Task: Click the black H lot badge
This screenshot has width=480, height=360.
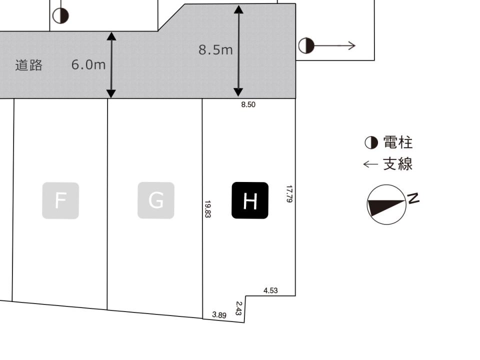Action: pos(250,200)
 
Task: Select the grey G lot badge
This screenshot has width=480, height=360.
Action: pos(156,200)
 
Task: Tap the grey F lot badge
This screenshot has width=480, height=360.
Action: pos(60,200)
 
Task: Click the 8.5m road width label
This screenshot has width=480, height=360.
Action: pos(215,50)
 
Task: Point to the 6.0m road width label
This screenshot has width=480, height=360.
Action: pos(88,64)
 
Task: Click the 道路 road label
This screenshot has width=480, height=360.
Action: pos(28,65)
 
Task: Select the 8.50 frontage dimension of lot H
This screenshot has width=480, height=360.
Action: pos(248,105)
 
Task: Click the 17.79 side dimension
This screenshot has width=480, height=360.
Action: pos(289,194)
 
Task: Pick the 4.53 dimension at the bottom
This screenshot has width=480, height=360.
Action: pos(270,290)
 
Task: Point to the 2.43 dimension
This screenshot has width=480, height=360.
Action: pos(238,308)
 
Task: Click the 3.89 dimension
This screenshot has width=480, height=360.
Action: pos(219,314)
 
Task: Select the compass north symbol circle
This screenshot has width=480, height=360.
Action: pos(386,204)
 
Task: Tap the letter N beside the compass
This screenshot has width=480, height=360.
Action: pos(413,198)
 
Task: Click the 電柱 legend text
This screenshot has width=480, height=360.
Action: pos(398,142)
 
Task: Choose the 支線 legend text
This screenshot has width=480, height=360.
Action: pos(398,164)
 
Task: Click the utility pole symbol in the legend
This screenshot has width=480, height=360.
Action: pos(371,143)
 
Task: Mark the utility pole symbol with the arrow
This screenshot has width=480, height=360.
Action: pos(306,46)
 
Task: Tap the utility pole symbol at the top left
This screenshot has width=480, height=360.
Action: pos(60,16)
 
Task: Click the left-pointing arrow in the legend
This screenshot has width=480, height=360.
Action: pos(370,164)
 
